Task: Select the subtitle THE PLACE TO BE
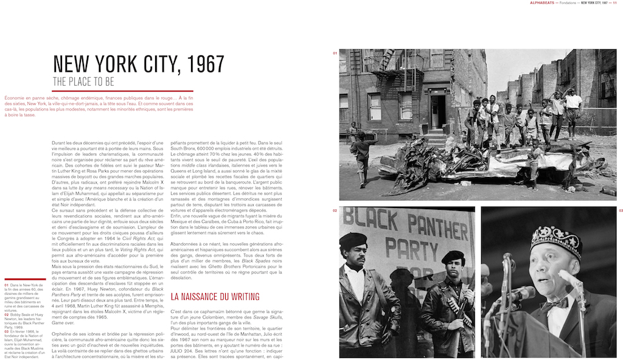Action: (x=83, y=81)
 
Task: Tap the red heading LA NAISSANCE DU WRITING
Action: (x=215, y=297)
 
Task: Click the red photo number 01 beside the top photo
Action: (x=335, y=54)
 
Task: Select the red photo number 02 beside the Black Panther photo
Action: (x=335, y=210)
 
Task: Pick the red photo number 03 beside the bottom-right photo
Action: (x=621, y=210)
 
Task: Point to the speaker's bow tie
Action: (x=556, y=302)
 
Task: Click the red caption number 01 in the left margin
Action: (x=6, y=285)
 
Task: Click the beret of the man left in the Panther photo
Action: (x=353, y=238)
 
